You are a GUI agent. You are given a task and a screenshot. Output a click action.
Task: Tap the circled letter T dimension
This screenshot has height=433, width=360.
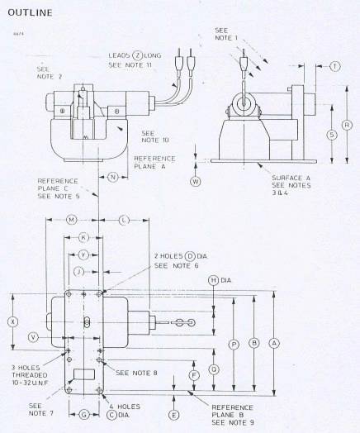pos(334,65)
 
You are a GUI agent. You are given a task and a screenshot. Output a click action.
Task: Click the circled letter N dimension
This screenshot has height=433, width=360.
pos(112,177)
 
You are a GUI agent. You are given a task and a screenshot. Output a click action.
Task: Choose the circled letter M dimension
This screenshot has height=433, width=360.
pos(71,220)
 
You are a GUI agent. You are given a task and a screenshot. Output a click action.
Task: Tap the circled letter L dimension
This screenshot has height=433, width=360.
pos(122,220)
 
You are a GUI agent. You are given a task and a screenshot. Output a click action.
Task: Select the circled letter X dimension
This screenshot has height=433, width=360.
pos(12,321)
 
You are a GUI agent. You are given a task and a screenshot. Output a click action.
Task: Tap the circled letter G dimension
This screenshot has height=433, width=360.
pos(83,412)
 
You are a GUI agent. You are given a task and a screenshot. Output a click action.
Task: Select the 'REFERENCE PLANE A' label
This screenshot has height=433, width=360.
pos(152,161)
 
